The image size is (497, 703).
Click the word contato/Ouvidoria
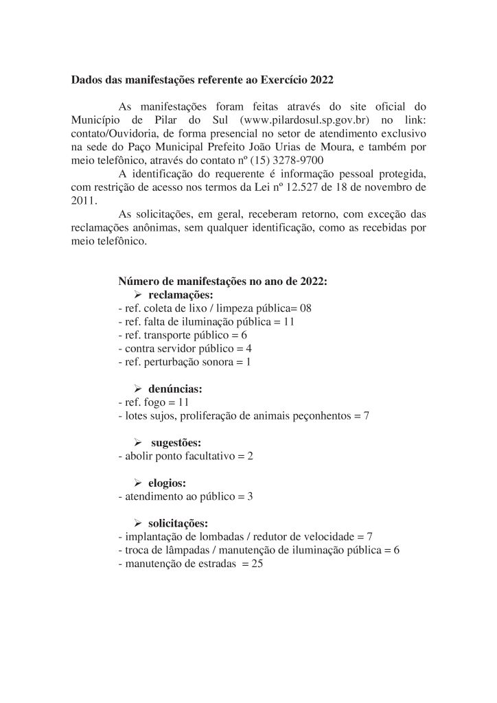(x=108, y=134)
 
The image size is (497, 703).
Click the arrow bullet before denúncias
(x=137, y=389)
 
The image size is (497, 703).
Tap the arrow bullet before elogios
(x=137, y=483)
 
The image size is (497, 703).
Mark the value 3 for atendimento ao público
(x=251, y=496)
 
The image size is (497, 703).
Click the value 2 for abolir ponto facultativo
(x=250, y=456)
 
